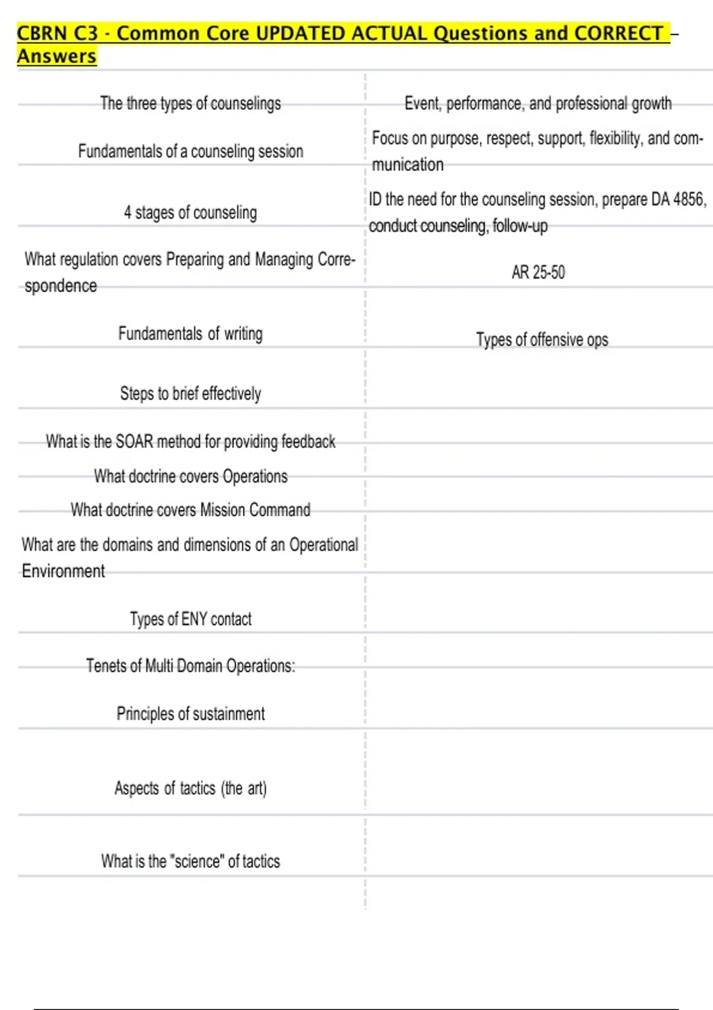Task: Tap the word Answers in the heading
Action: point(56,56)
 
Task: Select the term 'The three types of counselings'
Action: point(190,103)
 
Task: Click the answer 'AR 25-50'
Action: point(538,272)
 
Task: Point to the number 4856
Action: point(689,199)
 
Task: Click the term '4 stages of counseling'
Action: point(190,213)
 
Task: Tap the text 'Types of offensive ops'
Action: point(542,339)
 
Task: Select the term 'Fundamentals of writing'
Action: point(190,333)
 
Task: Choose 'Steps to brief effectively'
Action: point(190,393)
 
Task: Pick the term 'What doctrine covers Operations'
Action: point(190,476)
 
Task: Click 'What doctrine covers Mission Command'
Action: point(190,510)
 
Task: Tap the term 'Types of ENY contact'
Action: point(190,619)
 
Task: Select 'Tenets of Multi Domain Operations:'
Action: point(190,666)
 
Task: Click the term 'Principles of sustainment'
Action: point(190,714)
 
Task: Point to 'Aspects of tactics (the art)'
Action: point(190,788)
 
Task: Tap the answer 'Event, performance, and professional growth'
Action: point(538,103)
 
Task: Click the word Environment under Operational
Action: point(64,571)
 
